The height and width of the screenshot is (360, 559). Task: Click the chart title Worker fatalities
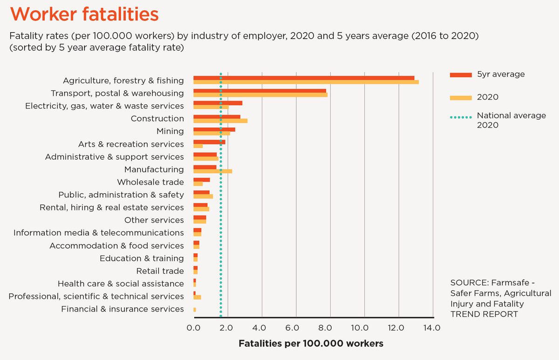(x=84, y=14)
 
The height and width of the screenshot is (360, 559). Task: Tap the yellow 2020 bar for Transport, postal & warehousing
(x=260, y=95)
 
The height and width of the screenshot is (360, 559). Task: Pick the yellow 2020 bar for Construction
(x=220, y=121)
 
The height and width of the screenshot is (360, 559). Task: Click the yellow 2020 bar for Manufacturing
(x=212, y=171)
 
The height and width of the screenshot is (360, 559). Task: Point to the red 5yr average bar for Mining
(x=214, y=129)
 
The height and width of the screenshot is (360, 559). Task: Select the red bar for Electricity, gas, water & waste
(x=218, y=103)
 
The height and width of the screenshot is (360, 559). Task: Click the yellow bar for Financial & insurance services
(x=195, y=310)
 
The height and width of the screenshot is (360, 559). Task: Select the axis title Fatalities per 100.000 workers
(x=311, y=344)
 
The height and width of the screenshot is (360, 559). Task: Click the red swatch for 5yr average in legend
(x=461, y=75)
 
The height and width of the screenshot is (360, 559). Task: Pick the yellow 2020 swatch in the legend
(x=461, y=98)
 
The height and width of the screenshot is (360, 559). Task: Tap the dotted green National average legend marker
(x=461, y=117)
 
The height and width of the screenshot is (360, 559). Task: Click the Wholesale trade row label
(x=150, y=182)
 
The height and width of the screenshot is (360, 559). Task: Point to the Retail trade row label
(x=160, y=271)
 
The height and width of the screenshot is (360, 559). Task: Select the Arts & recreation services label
(x=131, y=144)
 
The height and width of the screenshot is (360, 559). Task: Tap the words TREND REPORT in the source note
(x=484, y=314)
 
